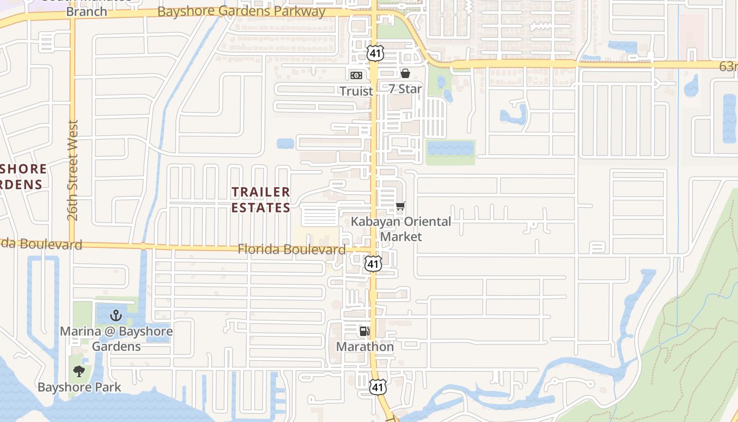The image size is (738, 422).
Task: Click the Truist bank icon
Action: coord(356,75)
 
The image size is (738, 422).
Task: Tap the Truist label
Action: coord(356,91)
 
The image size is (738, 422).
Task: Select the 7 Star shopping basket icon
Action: coord(405,73)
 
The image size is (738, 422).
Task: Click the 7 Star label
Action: coord(405,89)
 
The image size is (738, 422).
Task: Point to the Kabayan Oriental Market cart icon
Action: coord(401,206)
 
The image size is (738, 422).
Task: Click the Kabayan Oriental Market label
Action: coord(401,229)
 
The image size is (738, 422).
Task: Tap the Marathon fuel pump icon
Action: coord(364,331)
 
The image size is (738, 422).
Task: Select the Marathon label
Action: coord(365,347)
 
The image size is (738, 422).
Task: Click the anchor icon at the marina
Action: coord(116,316)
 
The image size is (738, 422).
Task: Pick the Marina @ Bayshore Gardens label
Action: coord(116,339)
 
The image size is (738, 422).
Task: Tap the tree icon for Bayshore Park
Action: coord(79,371)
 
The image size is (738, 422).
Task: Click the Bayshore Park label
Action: coord(79,387)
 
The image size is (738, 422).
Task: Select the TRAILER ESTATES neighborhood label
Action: coord(261,199)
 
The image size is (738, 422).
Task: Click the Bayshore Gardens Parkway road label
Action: coord(241,11)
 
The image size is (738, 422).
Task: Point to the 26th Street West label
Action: coord(73,170)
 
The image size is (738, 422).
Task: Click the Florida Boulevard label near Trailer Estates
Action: coord(292,249)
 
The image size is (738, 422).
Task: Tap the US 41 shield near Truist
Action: coord(375,53)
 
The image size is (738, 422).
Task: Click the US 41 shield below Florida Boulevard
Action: coord(373,263)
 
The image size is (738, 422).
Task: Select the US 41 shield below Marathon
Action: coord(377,387)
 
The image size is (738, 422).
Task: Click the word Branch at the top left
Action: coord(86,12)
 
